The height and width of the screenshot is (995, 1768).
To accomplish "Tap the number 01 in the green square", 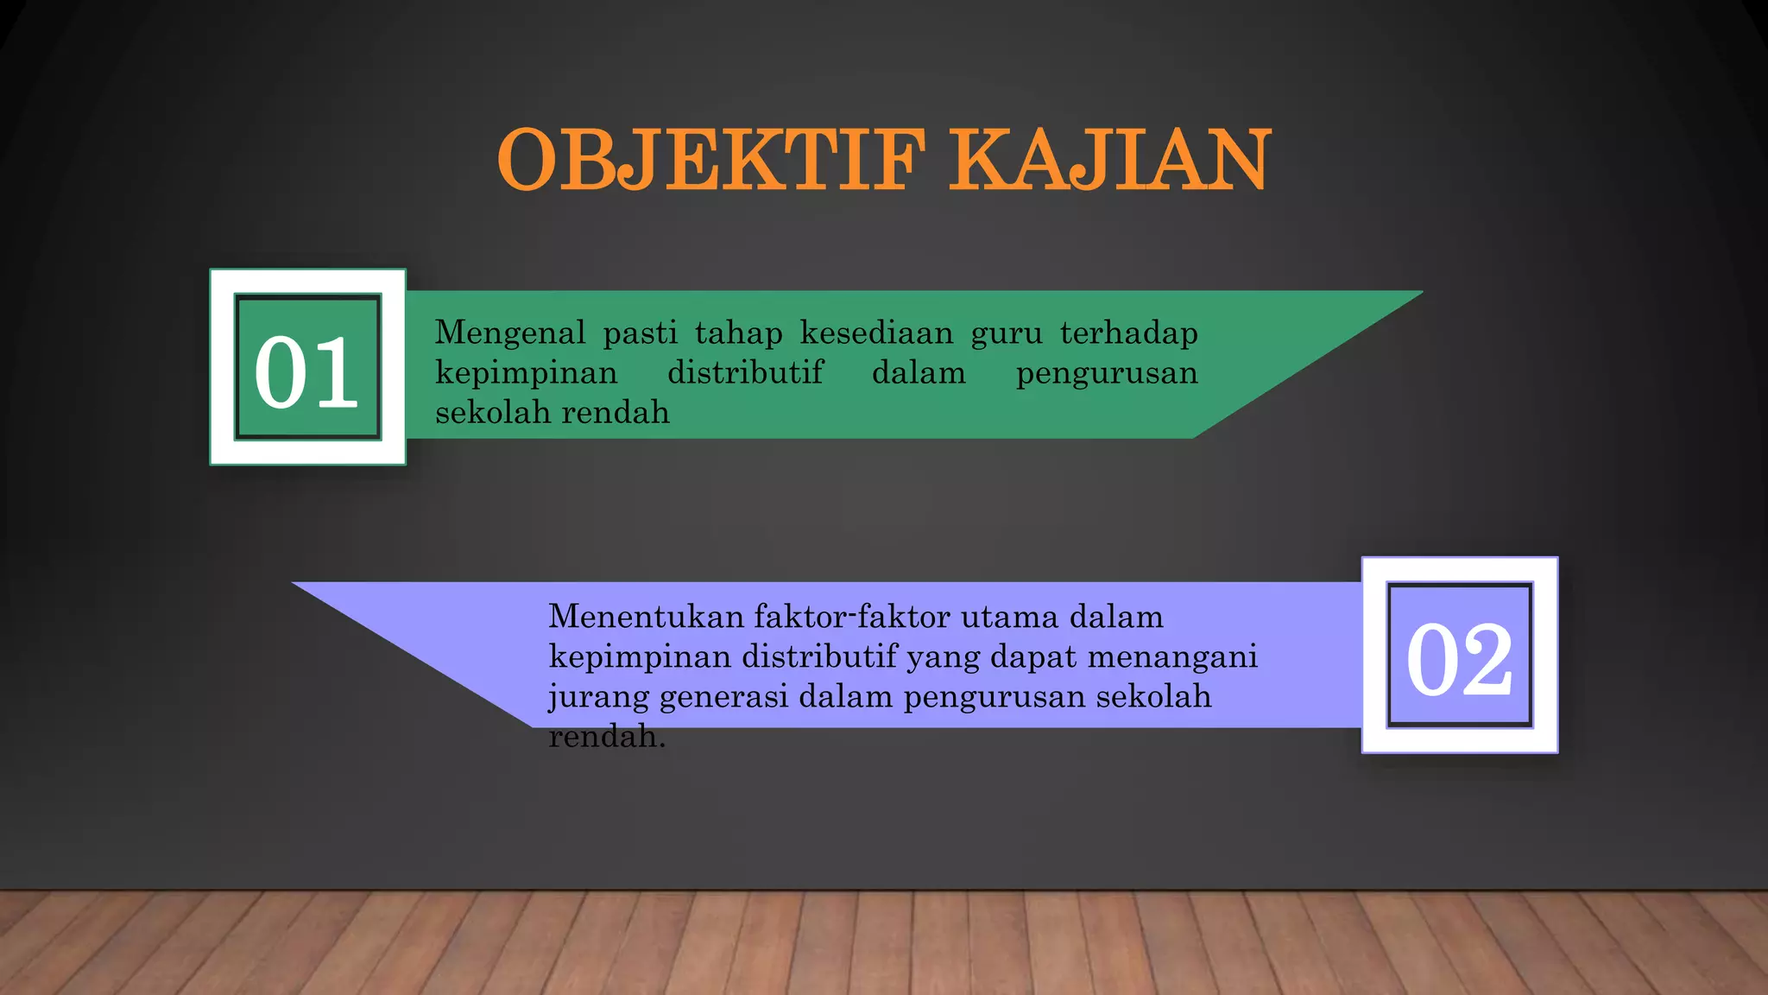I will [x=306, y=372].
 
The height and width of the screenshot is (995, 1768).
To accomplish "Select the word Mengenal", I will [x=510, y=333].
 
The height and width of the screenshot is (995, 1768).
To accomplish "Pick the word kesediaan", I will [x=876, y=333].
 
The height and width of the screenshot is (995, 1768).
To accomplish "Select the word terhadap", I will [x=1129, y=333].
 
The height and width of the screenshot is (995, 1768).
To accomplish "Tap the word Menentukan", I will [x=646, y=617].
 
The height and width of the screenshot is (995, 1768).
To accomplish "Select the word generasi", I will [x=723, y=697].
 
